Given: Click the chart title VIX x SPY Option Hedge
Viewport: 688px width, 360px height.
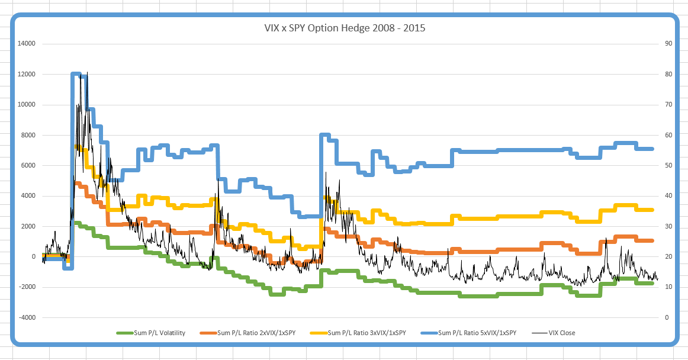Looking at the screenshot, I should point(344,28).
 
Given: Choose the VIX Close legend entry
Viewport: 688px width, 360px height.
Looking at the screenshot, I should point(560,333).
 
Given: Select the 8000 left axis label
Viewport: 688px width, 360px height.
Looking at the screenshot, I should point(29,135).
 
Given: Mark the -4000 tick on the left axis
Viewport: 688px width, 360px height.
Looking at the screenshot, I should point(27,317).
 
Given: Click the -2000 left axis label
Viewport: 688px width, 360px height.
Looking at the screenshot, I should point(27,287).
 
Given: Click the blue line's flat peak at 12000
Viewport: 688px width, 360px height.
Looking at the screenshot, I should point(76,74).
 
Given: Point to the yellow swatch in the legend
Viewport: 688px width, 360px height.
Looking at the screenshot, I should point(317,333).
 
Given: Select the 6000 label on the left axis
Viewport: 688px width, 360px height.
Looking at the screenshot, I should point(29,165).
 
